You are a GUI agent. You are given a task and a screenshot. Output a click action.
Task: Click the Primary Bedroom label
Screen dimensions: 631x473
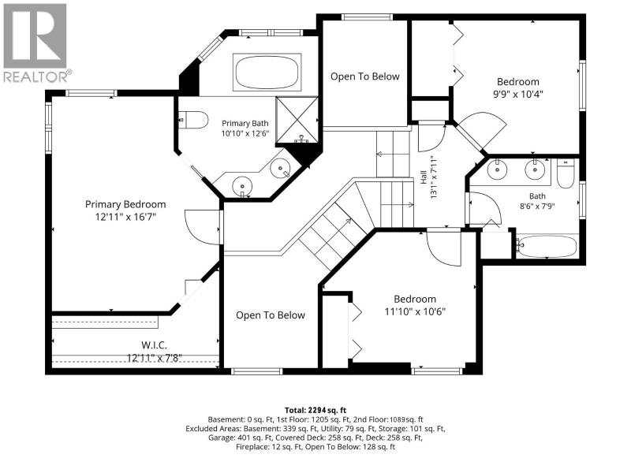125,204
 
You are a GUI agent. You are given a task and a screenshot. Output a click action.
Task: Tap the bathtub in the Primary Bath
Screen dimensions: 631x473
267,73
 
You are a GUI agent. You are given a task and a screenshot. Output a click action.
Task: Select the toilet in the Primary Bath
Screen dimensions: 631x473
193,120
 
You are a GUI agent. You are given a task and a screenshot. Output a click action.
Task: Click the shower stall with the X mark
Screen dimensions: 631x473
297,120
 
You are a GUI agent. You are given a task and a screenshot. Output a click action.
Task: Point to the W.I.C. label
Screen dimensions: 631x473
154,345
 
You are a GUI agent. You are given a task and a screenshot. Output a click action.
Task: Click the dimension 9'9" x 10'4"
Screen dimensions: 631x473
518,94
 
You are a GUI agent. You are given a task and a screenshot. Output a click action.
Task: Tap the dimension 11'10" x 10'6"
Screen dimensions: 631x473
415,311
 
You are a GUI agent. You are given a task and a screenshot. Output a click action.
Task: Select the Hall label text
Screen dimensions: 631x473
424,177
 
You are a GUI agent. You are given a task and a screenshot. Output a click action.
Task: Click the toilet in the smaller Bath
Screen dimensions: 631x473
566,173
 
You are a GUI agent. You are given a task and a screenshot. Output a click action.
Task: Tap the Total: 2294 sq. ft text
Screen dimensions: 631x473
315,410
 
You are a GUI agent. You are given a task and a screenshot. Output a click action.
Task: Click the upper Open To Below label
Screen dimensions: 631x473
365,76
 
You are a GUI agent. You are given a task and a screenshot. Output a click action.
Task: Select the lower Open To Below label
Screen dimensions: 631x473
271,315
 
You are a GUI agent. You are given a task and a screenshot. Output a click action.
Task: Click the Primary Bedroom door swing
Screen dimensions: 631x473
203,227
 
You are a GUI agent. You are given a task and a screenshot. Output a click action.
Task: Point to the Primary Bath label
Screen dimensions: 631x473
245,123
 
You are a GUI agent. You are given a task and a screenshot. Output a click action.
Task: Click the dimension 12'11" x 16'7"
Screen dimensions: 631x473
125,217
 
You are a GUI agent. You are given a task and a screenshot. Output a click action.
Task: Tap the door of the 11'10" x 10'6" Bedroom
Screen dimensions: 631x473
444,248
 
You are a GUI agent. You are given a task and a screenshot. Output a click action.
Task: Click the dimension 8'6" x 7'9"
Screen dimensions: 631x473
537,207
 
